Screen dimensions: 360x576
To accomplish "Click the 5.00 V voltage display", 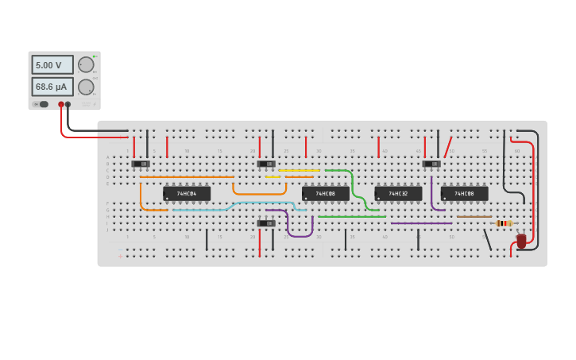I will click(52, 65).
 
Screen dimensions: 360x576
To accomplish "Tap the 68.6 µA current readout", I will click(52, 86).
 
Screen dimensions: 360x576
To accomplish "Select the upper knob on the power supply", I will click(85, 65).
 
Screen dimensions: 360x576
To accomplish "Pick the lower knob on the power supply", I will click(85, 87).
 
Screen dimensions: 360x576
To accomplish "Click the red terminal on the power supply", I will click(60, 104).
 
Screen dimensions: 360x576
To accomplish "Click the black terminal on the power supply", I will click(68, 104).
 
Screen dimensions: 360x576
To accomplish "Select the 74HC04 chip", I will click(187, 193).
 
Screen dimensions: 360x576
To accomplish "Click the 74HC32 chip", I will click(398, 193).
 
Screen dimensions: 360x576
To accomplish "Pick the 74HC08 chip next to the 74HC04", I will click(325, 193).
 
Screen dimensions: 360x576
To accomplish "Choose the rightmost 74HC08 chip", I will click(464, 193).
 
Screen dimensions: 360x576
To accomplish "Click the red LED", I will click(521, 240).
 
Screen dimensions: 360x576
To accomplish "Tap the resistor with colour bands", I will click(504, 223).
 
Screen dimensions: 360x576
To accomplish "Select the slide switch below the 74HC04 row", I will click(266, 223).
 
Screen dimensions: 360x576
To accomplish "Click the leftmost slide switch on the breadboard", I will click(141, 164).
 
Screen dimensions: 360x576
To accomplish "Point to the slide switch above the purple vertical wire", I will click(431, 164).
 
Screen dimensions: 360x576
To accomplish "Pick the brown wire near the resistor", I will click(474, 216).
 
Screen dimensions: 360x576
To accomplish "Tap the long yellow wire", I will click(299, 170).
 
